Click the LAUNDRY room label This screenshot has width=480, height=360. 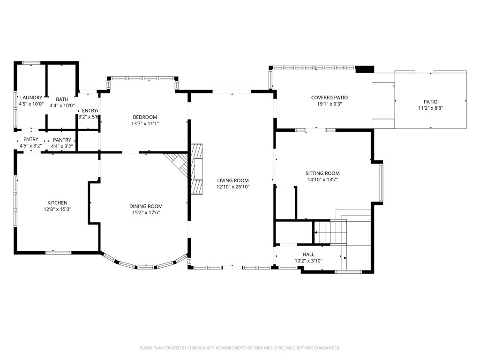click(31, 97)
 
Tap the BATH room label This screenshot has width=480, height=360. click(62, 99)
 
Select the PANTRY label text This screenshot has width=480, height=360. click(62, 140)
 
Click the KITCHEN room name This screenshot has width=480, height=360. click(58, 202)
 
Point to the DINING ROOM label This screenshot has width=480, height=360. click(146, 206)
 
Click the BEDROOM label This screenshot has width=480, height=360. click(145, 117)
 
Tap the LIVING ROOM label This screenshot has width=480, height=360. click(233, 180)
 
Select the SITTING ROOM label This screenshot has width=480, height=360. click(322, 173)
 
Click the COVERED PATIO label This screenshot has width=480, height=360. click(330, 97)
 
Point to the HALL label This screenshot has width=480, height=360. click(308, 255)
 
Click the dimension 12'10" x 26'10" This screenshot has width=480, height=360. click(233, 187)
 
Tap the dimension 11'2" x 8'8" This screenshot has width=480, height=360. click(431, 108)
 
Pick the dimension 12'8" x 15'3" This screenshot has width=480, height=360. click(58, 210)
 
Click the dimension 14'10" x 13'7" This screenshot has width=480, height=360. click(322, 180)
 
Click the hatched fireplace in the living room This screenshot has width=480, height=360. click(197, 169)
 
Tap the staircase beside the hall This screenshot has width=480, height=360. click(330, 232)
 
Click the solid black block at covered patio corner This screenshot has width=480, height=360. click(365, 69)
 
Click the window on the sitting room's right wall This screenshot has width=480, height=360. click(382, 183)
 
